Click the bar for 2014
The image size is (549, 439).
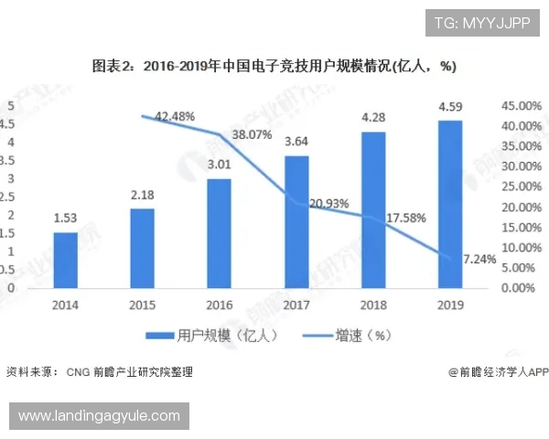click(x=65, y=260)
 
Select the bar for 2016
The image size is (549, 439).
click(x=219, y=233)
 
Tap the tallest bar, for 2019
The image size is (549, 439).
click(x=449, y=204)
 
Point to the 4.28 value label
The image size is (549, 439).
click(x=373, y=118)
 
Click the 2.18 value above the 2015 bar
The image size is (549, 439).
click(x=142, y=195)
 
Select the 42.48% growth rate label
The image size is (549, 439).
click(x=175, y=116)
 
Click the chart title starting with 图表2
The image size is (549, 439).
click(x=274, y=67)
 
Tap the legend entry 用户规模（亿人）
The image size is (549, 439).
click(x=216, y=335)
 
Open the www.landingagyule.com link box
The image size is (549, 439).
click(x=99, y=416)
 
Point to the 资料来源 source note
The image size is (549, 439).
click(x=99, y=372)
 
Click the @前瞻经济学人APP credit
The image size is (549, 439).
click(x=498, y=372)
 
